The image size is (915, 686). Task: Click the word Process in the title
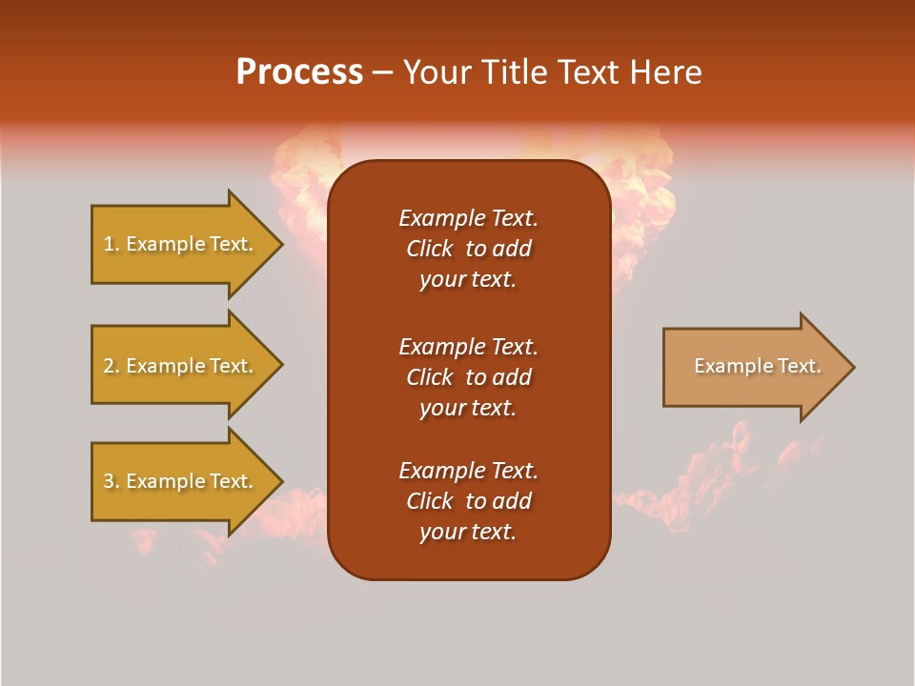pos(299,72)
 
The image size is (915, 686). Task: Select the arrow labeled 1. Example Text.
pos(181,244)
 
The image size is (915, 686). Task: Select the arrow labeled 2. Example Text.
pos(181,366)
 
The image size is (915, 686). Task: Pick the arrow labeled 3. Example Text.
pos(181,481)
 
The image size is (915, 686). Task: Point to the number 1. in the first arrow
pos(111,244)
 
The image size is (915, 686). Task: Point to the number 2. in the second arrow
pos(111,366)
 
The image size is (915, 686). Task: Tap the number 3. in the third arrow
pos(111,481)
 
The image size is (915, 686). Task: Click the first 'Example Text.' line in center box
pos(468,218)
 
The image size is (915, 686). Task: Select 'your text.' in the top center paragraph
pos(468,279)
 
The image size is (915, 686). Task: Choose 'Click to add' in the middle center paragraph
pos(468,377)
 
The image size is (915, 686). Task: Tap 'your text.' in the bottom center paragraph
pos(468,532)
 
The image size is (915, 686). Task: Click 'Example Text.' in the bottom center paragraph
pos(468,471)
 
